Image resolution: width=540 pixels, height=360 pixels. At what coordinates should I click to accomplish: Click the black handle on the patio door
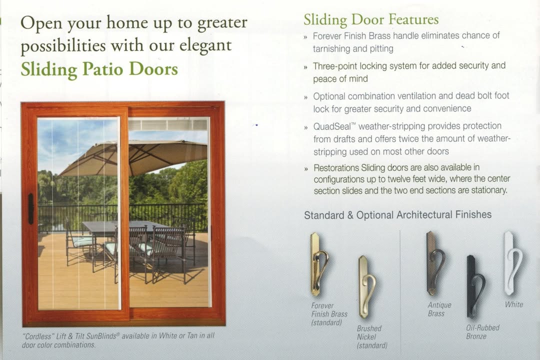pos(31,209)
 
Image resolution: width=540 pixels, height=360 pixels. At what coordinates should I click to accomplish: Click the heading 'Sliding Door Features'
pos(371,19)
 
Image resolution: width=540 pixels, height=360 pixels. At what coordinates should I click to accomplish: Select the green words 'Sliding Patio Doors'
pos(99,69)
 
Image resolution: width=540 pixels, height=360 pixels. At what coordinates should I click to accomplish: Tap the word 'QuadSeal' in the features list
pos(332,126)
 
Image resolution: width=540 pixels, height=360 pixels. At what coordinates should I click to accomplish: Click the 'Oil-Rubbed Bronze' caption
pos(482,332)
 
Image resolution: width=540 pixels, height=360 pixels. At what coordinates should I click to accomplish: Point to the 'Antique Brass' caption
pos(439,309)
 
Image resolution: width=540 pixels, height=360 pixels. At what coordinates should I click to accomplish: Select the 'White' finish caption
pos(514,304)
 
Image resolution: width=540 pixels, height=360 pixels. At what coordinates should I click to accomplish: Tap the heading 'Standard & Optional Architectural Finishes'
pos(398,215)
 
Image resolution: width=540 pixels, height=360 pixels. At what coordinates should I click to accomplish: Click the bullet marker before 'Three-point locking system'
pos(305,67)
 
